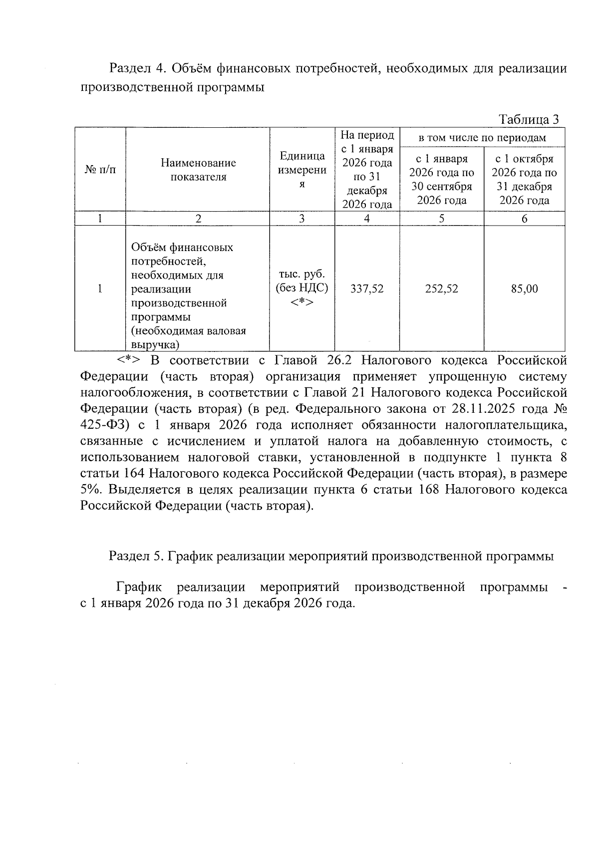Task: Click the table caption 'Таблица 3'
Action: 529,120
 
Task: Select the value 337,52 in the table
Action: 367,288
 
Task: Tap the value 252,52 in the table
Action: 441,288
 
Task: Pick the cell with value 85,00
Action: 524,288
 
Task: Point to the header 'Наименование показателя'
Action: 198,170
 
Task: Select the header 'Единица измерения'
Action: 302,170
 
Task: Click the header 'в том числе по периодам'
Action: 482,138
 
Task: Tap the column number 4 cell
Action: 367,219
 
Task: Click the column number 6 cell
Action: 524,219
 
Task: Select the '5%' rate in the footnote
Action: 90,490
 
